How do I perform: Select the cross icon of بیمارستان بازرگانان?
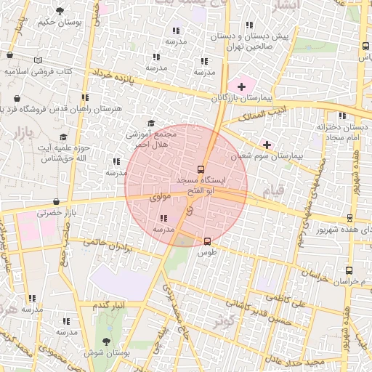tap(241, 86)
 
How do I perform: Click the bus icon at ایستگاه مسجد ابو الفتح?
tap(201, 170)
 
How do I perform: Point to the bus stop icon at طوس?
tap(208, 240)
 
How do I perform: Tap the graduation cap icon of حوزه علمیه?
tap(63, 137)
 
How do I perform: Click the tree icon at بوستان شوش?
tap(107, 340)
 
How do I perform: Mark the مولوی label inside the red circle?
tap(158, 197)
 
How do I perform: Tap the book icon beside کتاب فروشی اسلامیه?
tap(38, 60)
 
